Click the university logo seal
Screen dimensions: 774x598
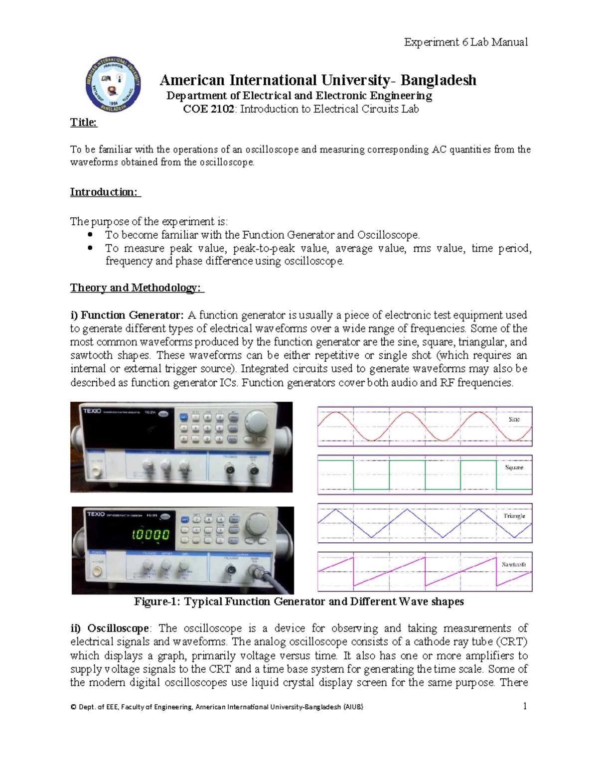coord(113,84)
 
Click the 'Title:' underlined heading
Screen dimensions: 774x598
coord(84,123)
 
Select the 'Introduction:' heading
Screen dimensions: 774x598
coord(105,192)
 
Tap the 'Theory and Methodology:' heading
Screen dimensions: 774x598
coord(137,288)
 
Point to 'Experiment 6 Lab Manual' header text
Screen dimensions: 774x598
coord(465,42)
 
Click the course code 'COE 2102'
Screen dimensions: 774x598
coord(208,109)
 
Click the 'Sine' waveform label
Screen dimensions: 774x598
coord(514,419)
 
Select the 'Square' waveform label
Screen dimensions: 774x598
coord(514,467)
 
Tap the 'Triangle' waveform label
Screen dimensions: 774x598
coord(514,516)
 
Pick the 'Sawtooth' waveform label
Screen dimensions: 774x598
coord(514,564)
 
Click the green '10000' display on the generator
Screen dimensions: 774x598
coord(150,535)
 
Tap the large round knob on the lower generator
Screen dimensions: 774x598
coord(258,522)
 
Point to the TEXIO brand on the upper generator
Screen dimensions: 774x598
coord(92,411)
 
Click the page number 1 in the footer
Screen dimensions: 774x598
coord(525,706)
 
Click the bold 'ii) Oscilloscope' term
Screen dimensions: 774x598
coord(110,628)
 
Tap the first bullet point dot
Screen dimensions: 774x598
coord(90,235)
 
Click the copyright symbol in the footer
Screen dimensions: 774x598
coord(73,707)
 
